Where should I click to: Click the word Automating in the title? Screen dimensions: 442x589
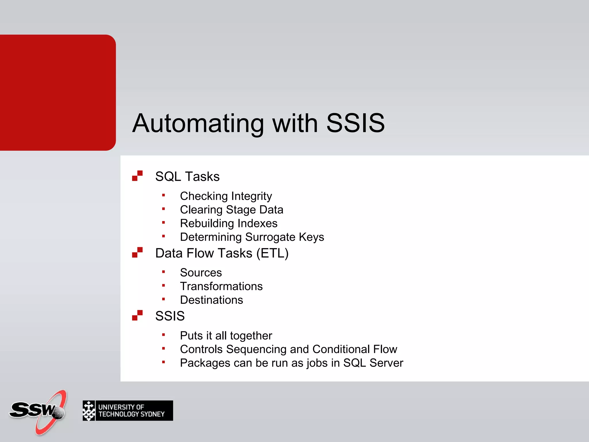198,124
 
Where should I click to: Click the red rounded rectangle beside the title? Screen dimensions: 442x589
58,93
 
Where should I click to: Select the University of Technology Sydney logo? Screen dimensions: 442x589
128,411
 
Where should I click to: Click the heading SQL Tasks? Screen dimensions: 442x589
187,176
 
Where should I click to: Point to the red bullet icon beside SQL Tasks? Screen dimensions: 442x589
137,176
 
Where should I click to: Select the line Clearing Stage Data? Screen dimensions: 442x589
232,210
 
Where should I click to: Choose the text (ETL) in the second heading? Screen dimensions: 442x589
272,254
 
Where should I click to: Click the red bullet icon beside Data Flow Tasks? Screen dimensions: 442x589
137,252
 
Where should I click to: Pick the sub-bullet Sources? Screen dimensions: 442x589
201,273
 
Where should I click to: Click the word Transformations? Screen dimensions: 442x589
221,286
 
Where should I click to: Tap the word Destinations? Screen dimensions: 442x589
211,300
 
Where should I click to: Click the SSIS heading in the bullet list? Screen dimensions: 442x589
170,316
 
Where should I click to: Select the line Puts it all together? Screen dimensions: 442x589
226,336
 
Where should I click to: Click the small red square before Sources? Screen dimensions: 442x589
163,272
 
